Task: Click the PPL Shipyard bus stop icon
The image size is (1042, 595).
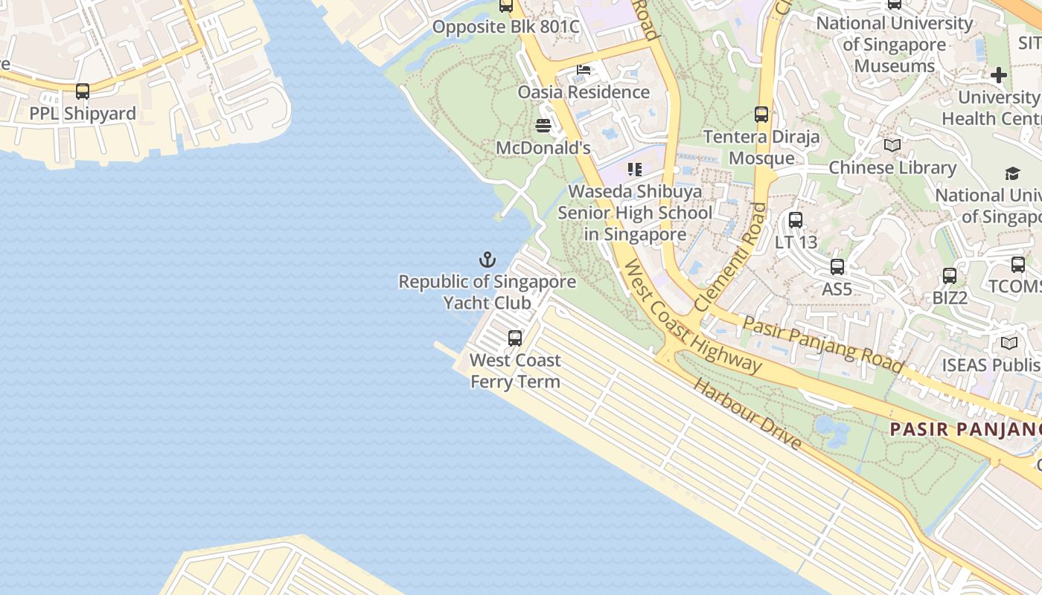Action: [x=83, y=91]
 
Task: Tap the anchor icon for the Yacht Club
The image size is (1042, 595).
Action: [x=487, y=260]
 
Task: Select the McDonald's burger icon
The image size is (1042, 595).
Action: [x=543, y=126]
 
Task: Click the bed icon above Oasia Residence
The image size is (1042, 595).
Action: [x=584, y=70]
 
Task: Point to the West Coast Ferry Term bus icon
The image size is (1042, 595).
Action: [x=515, y=338]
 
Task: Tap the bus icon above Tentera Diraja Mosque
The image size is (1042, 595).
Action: [x=761, y=115]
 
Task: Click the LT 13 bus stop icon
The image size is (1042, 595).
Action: [x=796, y=220]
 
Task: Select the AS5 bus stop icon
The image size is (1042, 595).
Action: [x=837, y=267]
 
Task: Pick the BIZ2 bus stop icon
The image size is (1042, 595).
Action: [x=950, y=276]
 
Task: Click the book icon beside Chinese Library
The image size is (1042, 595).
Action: [x=892, y=146]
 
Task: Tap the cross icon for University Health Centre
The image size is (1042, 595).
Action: [x=999, y=75]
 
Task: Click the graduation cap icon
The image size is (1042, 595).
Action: [x=1012, y=173]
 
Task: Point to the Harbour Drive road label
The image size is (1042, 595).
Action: [x=747, y=414]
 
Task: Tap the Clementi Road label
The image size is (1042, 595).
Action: [x=730, y=257]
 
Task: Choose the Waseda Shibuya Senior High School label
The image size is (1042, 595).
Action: [x=635, y=213]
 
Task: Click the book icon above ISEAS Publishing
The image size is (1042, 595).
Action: [x=1009, y=343]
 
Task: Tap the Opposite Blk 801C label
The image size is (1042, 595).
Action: [x=506, y=28]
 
